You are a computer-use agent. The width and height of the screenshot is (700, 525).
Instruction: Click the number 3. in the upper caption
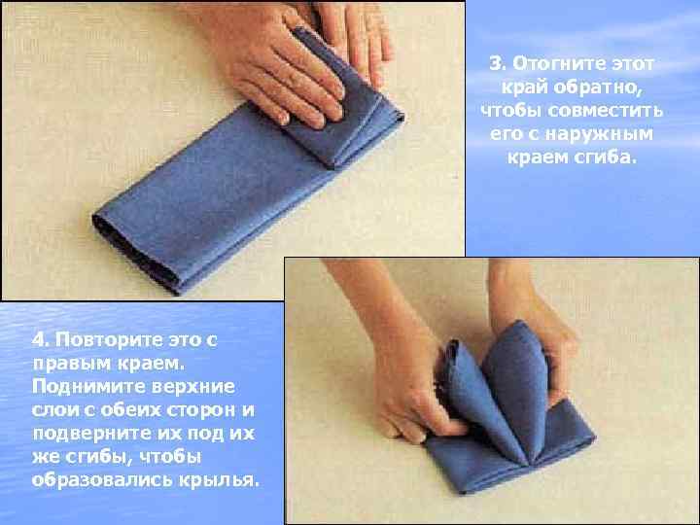(x=498, y=63)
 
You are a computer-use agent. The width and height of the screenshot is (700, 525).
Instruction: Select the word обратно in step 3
(x=597, y=87)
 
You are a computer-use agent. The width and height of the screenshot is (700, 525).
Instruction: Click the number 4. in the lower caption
(x=40, y=340)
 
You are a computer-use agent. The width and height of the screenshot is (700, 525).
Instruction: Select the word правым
(x=72, y=364)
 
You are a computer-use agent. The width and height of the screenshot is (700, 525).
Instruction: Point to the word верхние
(x=193, y=387)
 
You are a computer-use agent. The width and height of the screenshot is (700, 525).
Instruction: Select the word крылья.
(x=219, y=480)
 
